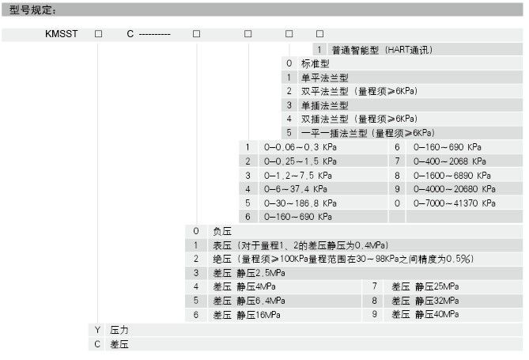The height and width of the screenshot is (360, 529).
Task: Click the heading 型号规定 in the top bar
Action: click(x=30, y=10)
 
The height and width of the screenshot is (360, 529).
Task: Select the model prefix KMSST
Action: click(x=62, y=34)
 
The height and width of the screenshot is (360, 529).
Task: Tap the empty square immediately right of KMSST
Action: click(x=99, y=34)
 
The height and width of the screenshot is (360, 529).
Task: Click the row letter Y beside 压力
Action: click(x=97, y=330)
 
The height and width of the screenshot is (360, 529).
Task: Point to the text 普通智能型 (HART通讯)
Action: click(x=382, y=51)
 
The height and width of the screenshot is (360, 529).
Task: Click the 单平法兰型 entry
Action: click(x=324, y=78)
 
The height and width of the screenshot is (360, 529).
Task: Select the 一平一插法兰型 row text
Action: click(x=368, y=133)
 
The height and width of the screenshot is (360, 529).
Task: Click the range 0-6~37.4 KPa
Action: click(x=296, y=189)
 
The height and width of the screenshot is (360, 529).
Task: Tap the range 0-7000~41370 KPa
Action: click(x=455, y=203)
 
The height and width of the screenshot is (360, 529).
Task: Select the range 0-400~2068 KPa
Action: click(x=450, y=161)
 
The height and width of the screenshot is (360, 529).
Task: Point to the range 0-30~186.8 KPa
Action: click(x=300, y=203)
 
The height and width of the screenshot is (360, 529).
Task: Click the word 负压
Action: click(x=222, y=231)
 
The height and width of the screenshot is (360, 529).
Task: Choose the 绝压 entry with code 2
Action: click(x=343, y=260)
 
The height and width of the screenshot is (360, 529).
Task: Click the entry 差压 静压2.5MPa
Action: click(x=249, y=273)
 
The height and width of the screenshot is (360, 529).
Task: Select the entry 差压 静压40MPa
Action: click(x=425, y=314)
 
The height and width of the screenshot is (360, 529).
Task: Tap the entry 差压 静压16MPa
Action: click(x=247, y=315)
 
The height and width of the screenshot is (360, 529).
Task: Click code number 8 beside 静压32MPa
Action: click(x=375, y=301)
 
